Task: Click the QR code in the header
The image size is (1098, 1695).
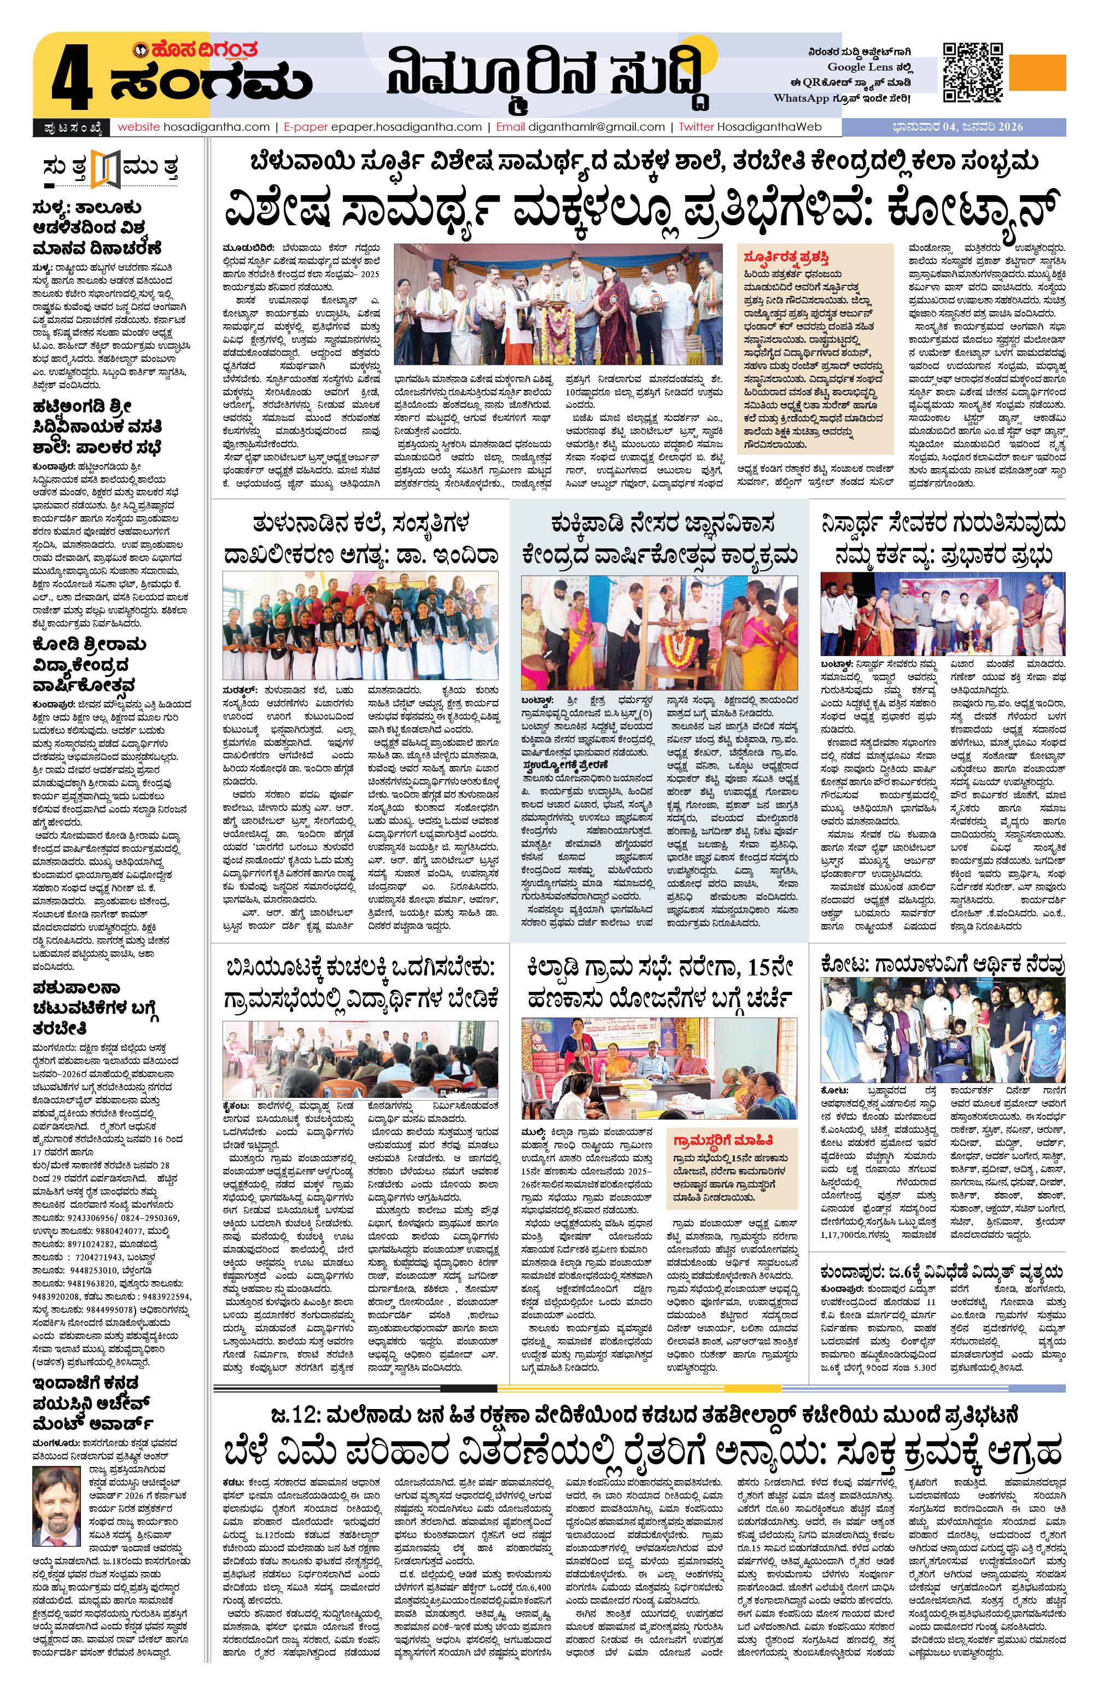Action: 973,73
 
